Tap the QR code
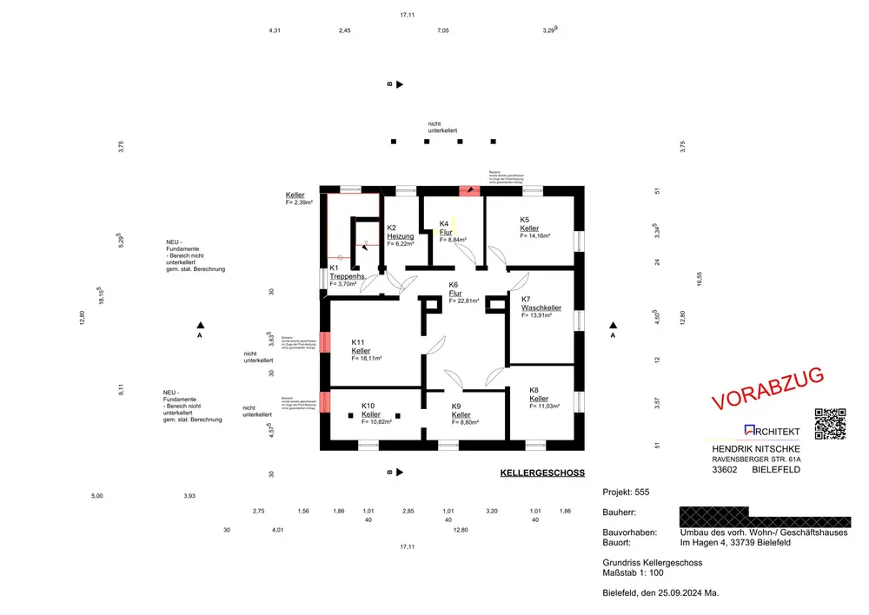point(830,423)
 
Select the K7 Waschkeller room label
point(541,307)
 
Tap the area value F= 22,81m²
point(468,301)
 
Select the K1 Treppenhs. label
point(346,276)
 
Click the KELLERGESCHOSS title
point(542,473)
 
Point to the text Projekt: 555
point(626,493)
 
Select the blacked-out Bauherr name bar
point(764,519)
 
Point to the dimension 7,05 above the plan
point(442,30)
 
